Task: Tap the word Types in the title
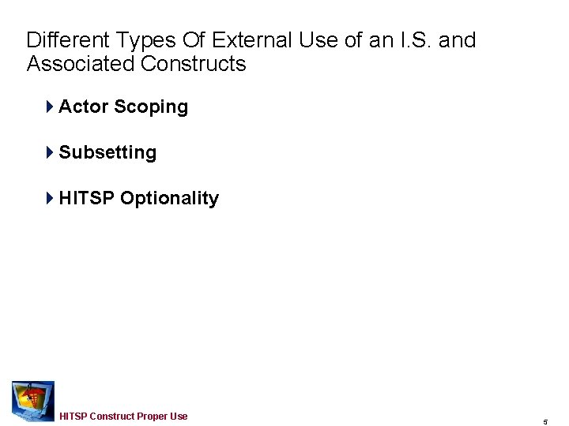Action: tap(140, 40)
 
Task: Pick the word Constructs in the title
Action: tap(194, 64)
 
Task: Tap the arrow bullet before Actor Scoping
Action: tap(50, 107)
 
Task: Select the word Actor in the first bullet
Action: tap(83, 107)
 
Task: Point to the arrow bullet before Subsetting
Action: tap(50, 153)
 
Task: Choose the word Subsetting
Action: tap(107, 153)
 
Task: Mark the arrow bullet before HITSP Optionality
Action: tap(50, 199)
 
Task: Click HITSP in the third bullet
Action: tap(86, 199)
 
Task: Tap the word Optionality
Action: tap(169, 199)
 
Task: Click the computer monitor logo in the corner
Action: tap(32, 401)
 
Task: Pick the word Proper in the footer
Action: tap(153, 417)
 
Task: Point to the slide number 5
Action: tap(545, 422)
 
